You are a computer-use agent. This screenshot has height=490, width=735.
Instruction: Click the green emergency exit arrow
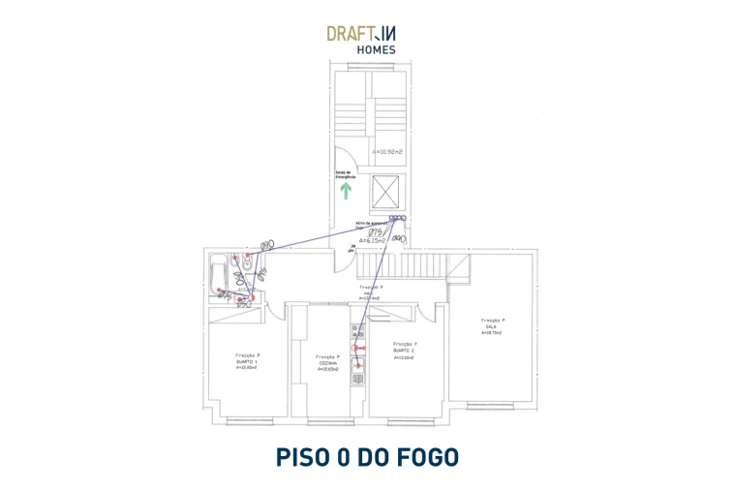345,190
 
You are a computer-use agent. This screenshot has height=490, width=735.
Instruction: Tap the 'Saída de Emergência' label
346,175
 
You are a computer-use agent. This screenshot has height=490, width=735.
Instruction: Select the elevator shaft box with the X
386,190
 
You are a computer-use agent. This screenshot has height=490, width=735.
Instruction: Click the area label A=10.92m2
387,151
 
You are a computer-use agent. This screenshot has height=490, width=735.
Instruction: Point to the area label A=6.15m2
373,240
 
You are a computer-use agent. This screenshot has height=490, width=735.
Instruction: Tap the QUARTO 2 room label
404,351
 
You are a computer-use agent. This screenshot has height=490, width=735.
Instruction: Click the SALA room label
491,327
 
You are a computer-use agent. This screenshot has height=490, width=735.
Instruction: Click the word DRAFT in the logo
351,33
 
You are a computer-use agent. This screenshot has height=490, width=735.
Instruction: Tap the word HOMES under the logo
376,49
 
